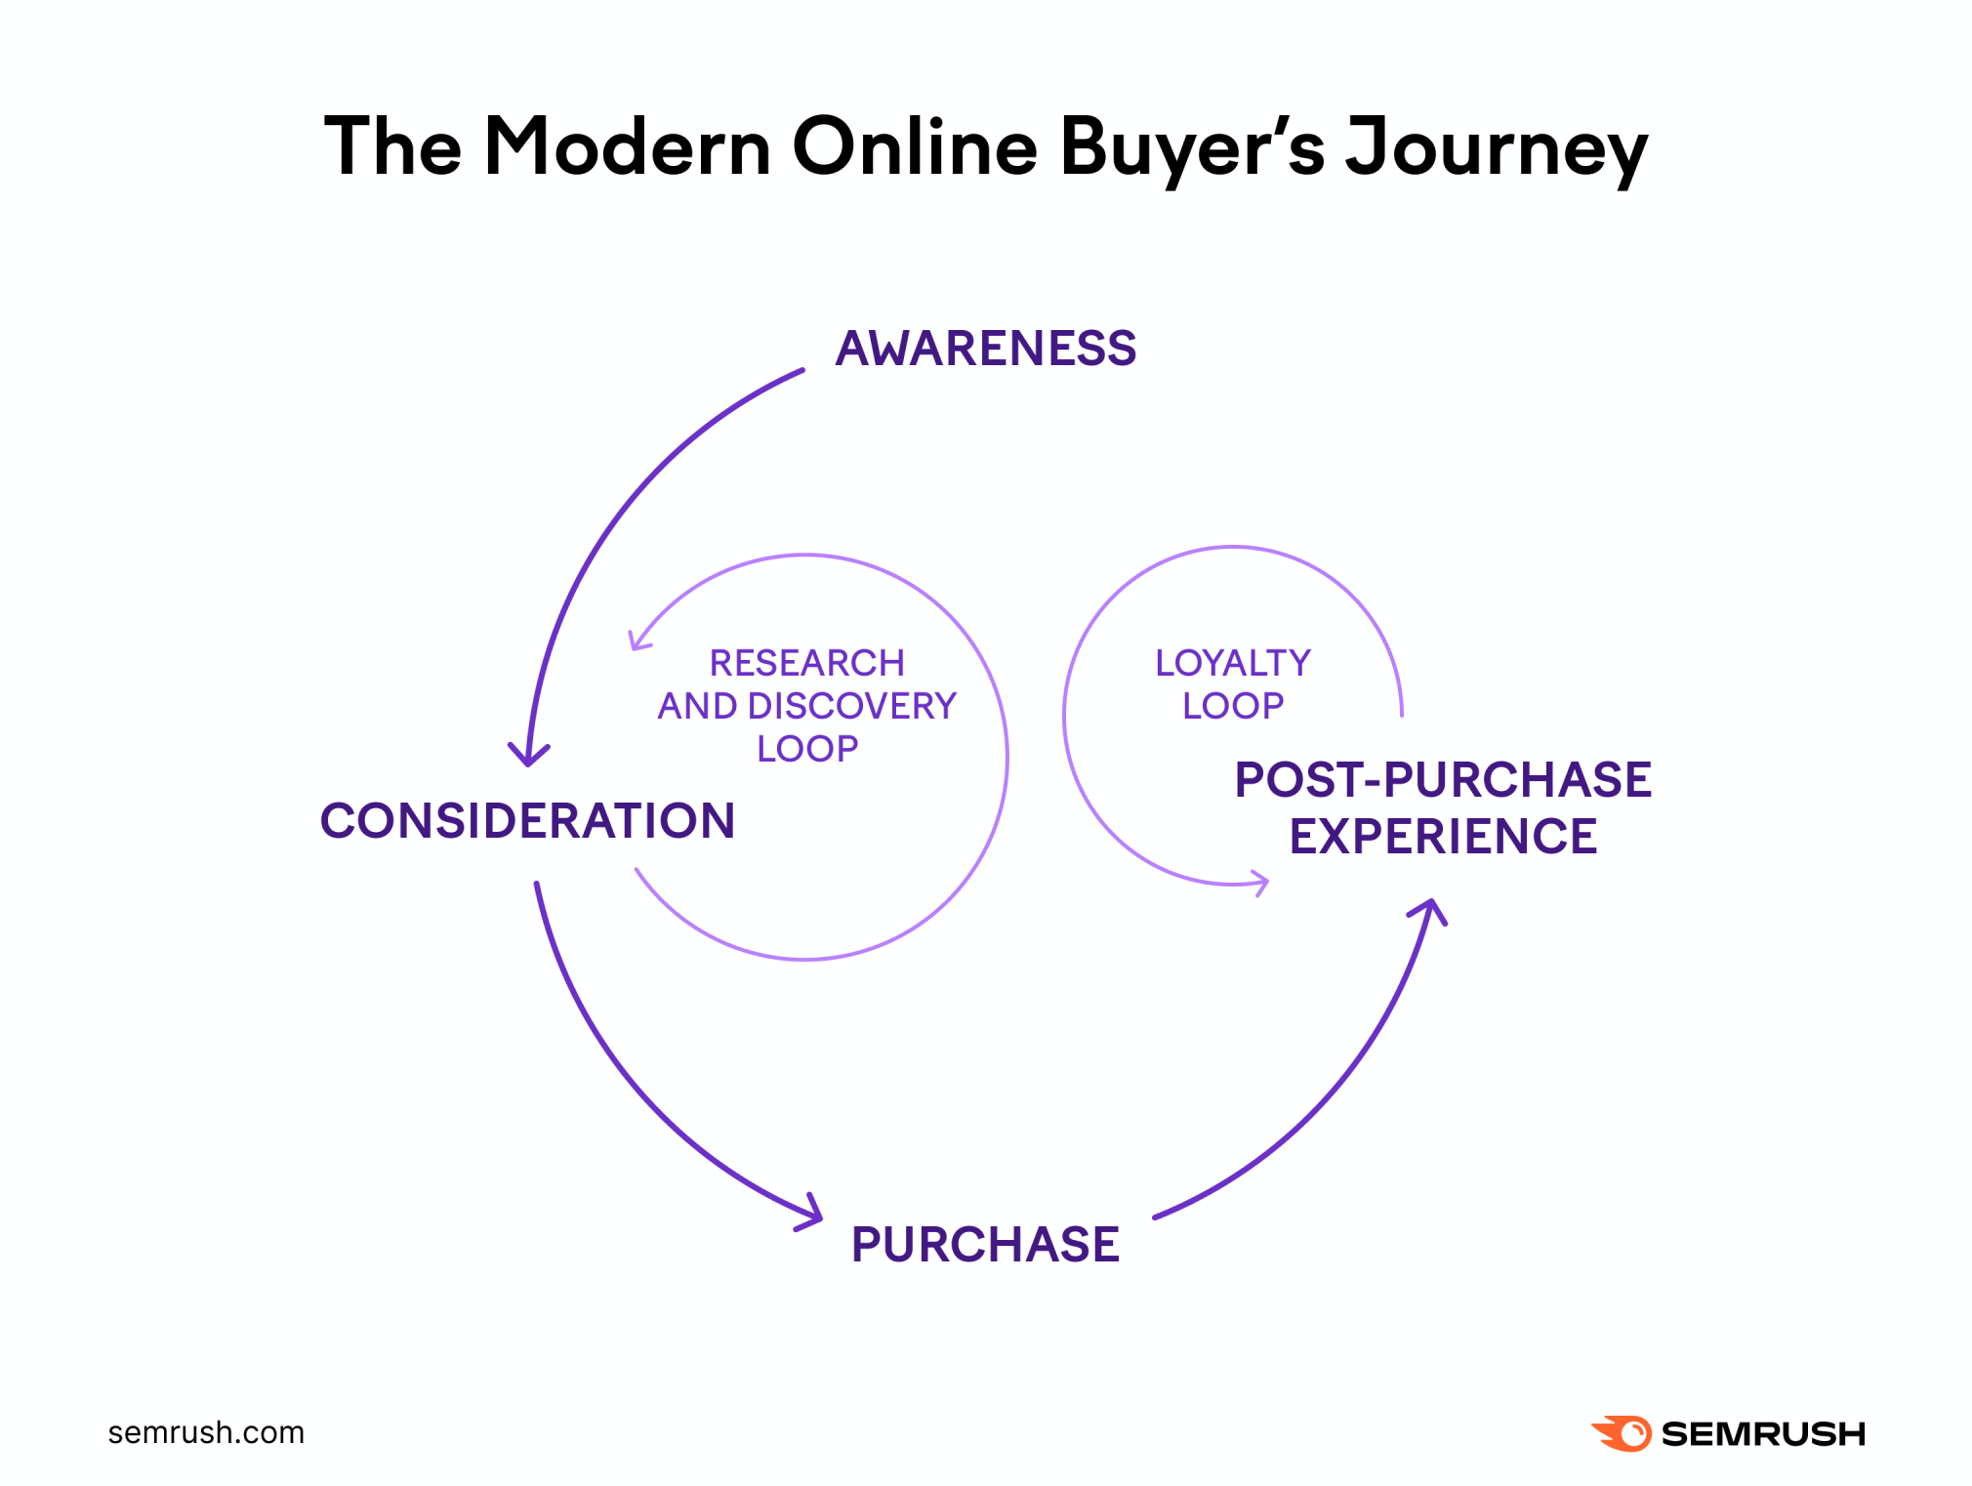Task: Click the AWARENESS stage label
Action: click(986, 349)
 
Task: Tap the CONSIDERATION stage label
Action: click(527, 820)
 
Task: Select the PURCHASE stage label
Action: click(985, 1245)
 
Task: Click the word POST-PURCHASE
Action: click(1443, 780)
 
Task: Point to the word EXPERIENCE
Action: click(1443, 837)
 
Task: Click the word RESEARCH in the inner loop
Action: click(807, 663)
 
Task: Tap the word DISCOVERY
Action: click(852, 706)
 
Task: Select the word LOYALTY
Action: click(1233, 663)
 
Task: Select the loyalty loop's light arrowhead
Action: click(1260, 883)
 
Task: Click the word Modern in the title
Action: click(629, 146)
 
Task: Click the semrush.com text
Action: click(206, 1432)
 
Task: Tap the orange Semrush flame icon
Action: click(1622, 1433)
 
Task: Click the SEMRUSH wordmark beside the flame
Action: click(1763, 1433)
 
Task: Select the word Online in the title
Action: click(915, 146)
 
